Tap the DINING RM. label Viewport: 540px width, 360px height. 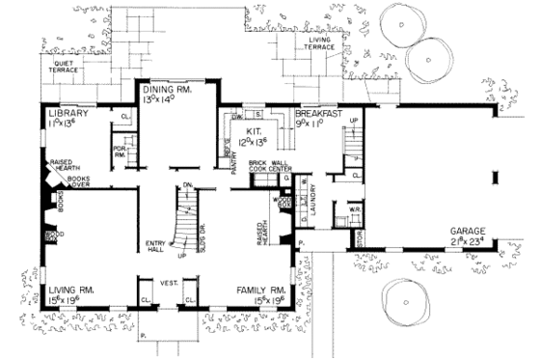tap(170, 89)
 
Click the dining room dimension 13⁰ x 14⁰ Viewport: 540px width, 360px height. tap(170, 99)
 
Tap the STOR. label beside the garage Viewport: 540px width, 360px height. tap(359, 238)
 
